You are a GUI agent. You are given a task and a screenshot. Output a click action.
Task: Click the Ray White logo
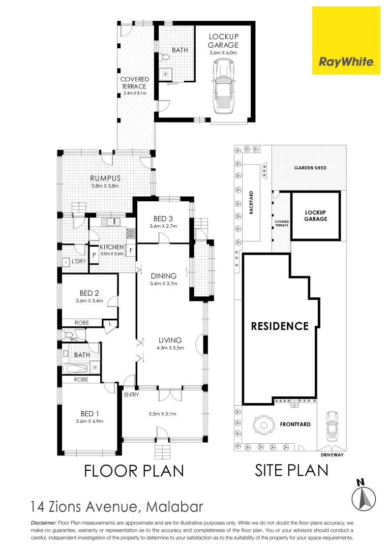pyautogui.click(x=346, y=62)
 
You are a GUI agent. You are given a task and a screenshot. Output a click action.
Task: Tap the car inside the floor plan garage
pyautogui.click(x=223, y=87)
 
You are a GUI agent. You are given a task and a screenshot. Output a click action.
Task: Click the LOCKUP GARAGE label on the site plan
pyautogui.click(x=315, y=215)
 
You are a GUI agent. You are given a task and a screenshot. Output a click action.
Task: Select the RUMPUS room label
pyautogui.click(x=105, y=178)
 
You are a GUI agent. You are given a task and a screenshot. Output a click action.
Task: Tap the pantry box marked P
pyautogui.click(x=94, y=256)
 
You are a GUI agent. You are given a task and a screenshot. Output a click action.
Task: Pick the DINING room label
pyautogui.click(x=163, y=276)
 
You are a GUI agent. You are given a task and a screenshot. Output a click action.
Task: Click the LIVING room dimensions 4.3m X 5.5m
pyautogui.click(x=170, y=348)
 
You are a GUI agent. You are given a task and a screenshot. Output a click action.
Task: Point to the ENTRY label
pyautogui.click(x=131, y=394)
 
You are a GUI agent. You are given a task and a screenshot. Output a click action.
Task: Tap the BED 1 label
pyautogui.click(x=86, y=413)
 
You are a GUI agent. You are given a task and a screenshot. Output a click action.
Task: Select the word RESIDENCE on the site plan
pyautogui.click(x=280, y=326)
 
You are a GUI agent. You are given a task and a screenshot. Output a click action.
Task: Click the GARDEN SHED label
pyautogui.click(x=310, y=168)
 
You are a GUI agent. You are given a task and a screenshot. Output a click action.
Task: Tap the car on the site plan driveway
pyautogui.click(x=332, y=425)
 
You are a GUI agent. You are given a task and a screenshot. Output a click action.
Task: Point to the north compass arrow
pyautogui.click(x=364, y=495)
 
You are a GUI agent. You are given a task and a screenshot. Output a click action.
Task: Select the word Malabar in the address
pyautogui.click(x=174, y=506)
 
